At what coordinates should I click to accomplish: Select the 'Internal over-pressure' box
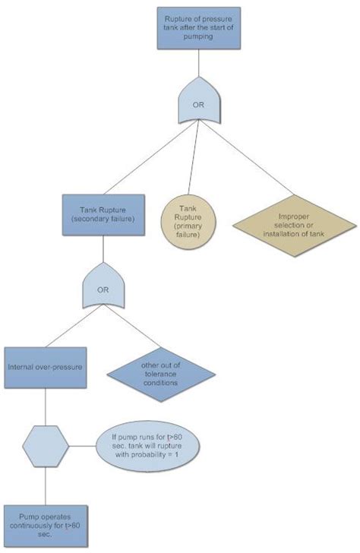tap(43, 366)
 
